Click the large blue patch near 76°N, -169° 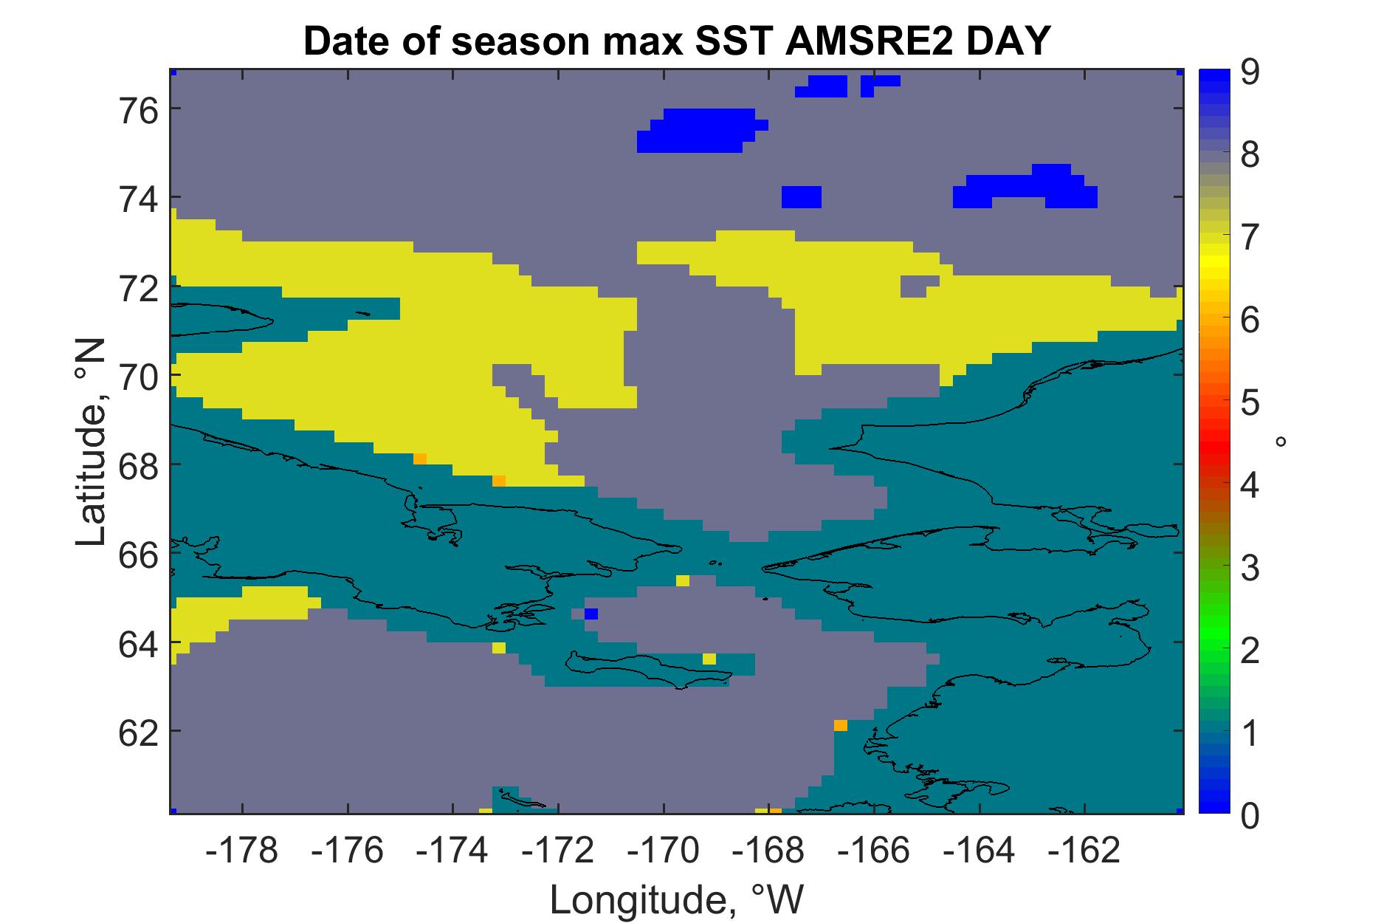(701, 131)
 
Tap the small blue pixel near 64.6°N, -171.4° (591, 614)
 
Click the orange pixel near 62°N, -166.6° (841, 725)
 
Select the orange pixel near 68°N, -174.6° (420, 459)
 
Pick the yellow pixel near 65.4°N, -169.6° (683, 580)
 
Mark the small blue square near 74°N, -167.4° (802, 197)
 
